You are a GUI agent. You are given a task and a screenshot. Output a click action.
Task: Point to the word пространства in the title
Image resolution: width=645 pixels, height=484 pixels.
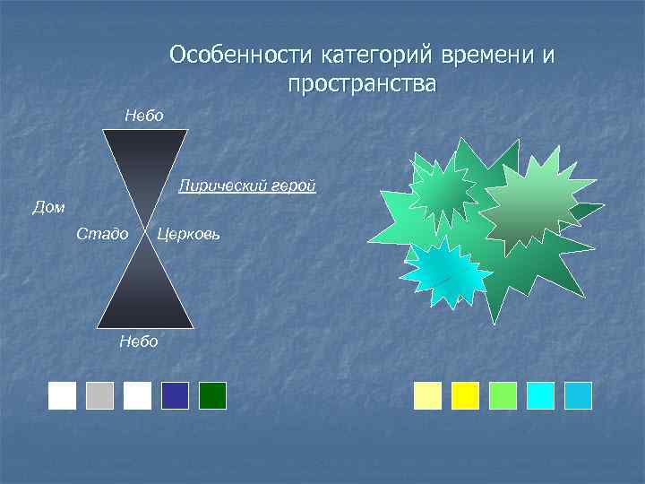pyautogui.click(x=362, y=85)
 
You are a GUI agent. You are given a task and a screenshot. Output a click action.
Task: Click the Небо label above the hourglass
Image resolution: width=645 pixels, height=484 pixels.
pyautogui.click(x=143, y=115)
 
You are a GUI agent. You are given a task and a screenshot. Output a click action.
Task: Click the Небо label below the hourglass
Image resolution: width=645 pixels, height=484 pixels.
pyautogui.click(x=138, y=341)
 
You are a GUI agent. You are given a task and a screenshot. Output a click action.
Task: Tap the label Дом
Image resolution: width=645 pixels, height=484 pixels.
pyautogui.click(x=48, y=207)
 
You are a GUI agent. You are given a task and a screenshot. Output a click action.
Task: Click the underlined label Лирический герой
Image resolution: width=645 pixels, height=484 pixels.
pyautogui.click(x=247, y=186)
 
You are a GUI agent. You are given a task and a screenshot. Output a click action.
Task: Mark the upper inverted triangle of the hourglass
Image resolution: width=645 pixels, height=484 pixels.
pyautogui.click(x=144, y=161)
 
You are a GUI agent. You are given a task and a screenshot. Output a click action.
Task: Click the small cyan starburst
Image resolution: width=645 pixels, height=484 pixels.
pyautogui.click(x=445, y=272)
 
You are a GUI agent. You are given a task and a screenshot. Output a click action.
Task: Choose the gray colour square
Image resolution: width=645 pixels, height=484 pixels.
pyautogui.click(x=100, y=395)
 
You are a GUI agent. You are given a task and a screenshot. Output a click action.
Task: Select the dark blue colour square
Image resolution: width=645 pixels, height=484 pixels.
pyautogui.click(x=176, y=395)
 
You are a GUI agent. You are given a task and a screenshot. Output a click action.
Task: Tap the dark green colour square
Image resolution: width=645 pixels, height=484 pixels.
pyautogui.click(x=213, y=395)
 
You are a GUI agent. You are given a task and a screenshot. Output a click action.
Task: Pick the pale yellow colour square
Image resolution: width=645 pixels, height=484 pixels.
pyautogui.click(x=428, y=395)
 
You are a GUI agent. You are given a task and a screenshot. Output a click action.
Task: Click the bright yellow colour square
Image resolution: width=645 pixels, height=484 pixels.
pyautogui.click(x=466, y=395)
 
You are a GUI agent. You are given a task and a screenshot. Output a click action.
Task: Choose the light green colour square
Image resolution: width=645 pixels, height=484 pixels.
pyautogui.click(x=503, y=395)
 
